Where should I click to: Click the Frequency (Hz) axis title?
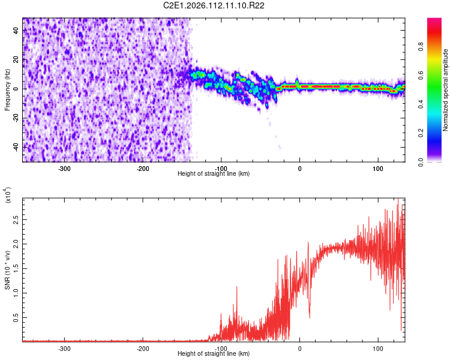(7, 89)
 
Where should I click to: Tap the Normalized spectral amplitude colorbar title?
(446, 89)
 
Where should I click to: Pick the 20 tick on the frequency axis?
(16, 60)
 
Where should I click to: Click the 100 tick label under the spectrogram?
(378, 169)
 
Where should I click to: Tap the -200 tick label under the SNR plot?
(143, 348)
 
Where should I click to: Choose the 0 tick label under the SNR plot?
(299, 348)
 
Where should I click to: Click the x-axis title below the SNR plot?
(214, 354)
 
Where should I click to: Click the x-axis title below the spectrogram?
(214, 174)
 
